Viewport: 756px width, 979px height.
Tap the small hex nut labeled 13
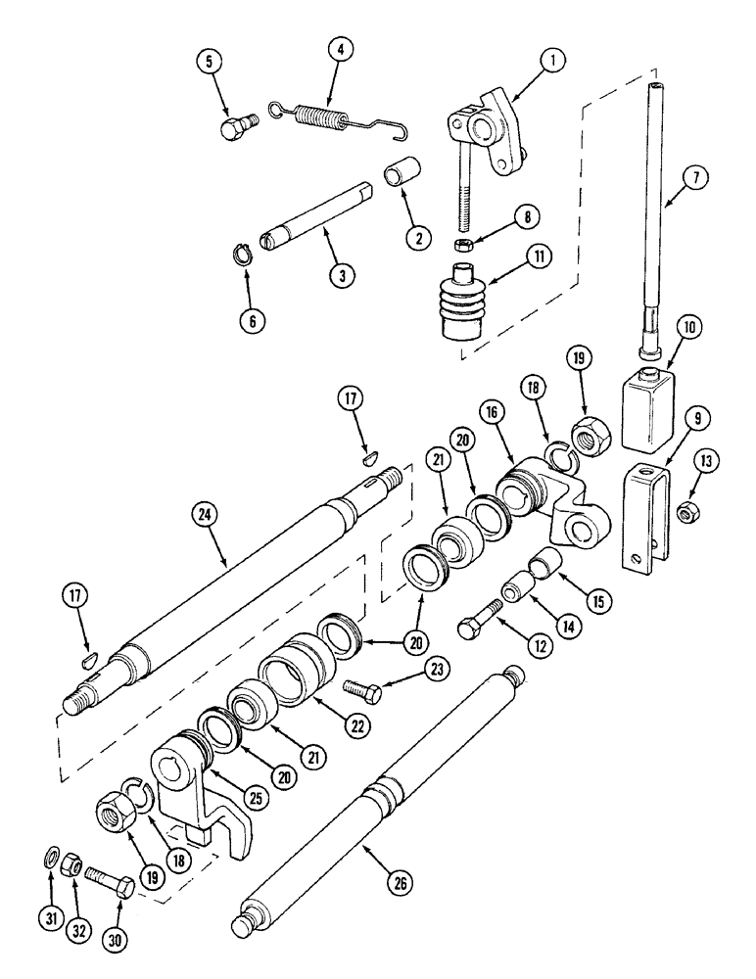click(687, 508)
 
